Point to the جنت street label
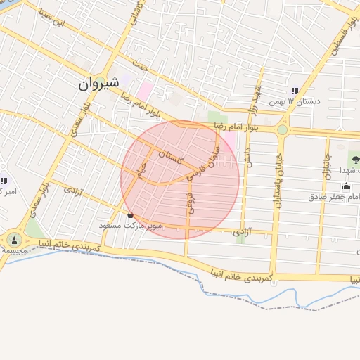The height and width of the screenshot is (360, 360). click(145, 70)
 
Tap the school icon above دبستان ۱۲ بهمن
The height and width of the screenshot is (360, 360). click(295, 91)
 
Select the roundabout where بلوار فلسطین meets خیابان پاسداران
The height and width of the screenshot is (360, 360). click(283, 130)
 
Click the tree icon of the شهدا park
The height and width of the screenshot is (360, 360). click(355, 160)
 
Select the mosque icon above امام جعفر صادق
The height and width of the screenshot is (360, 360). click(346, 186)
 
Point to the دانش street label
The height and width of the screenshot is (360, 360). click(247, 154)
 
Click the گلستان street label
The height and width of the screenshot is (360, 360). click(170, 158)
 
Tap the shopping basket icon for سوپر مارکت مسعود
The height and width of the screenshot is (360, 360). click(130, 214)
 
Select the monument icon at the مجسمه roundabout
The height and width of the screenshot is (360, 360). click(15, 240)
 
